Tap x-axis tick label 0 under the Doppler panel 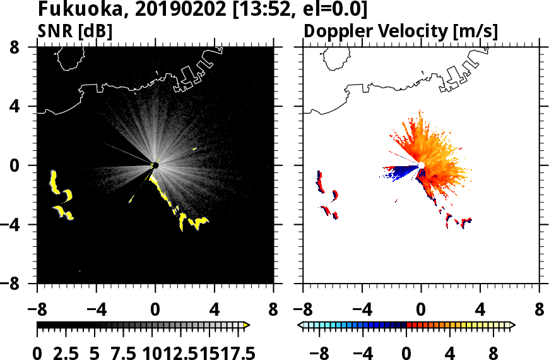click(421, 310)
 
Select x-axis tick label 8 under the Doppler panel click(540, 310)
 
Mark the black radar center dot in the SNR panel click(155, 165)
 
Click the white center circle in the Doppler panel click(421, 165)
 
